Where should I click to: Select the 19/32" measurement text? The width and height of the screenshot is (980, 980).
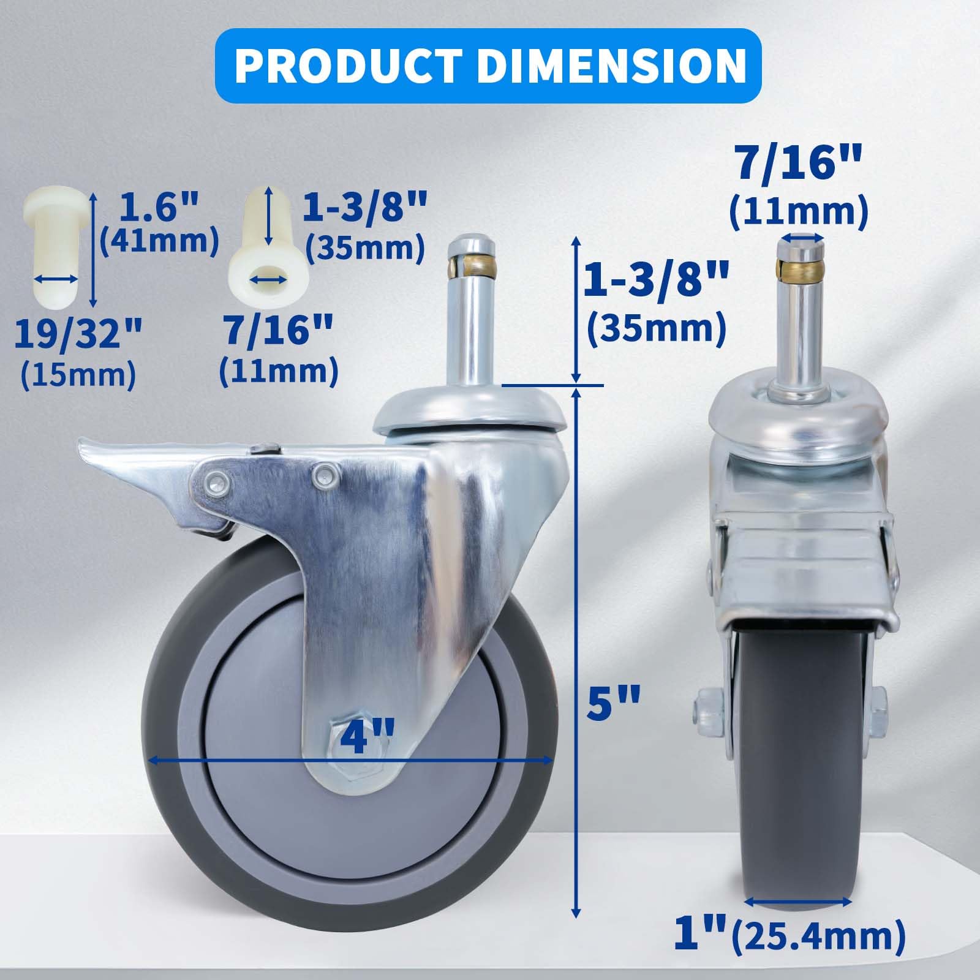click(x=78, y=334)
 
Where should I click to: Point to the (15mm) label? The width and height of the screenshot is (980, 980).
click(x=78, y=374)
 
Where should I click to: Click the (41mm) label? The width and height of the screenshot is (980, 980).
click(x=159, y=241)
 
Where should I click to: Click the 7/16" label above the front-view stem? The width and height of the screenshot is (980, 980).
click(x=797, y=159)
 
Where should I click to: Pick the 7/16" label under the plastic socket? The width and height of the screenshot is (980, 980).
click(x=278, y=334)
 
